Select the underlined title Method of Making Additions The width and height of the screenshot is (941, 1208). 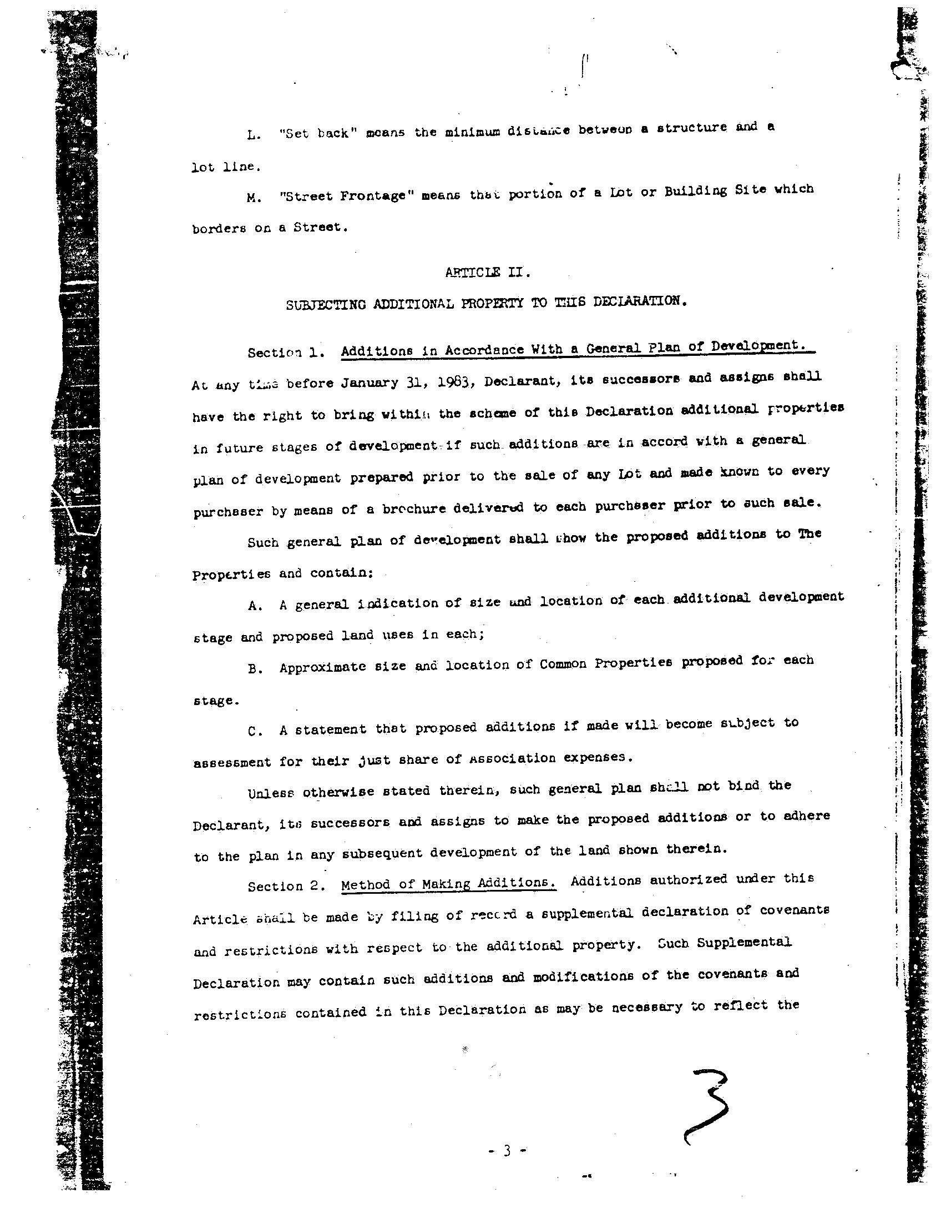click(448, 883)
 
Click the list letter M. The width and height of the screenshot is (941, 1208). click(254, 198)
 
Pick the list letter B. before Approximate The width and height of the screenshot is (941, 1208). click(255, 670)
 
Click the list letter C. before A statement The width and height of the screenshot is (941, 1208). click(255, 732)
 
